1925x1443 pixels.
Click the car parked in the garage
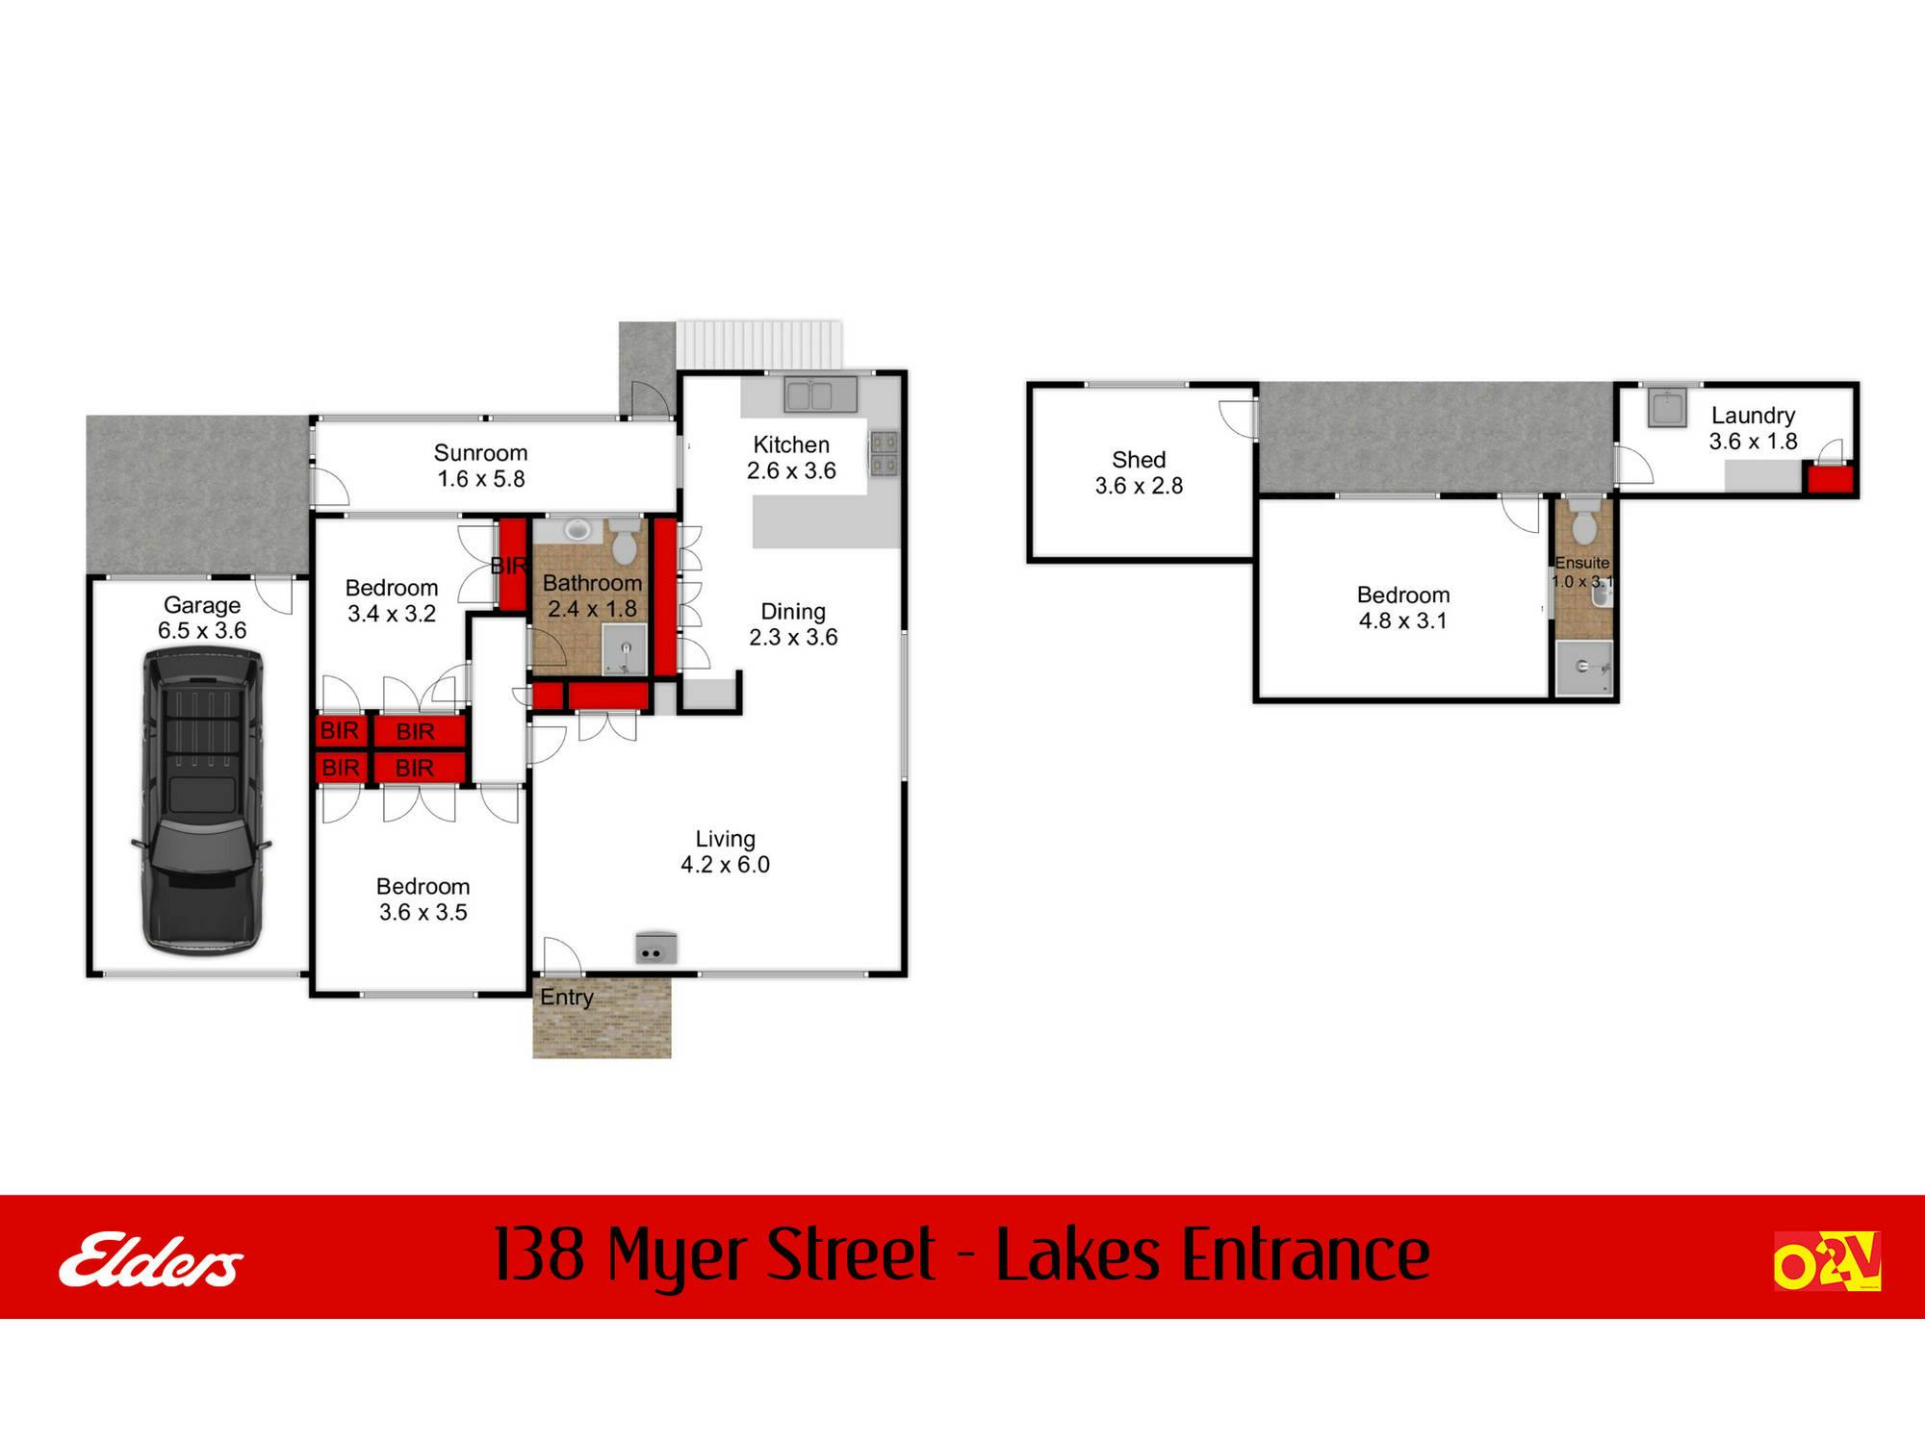point(202,800)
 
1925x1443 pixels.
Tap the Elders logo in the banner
point(151,1259)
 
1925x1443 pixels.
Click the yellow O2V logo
point(1826,1260)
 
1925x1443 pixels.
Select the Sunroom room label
point(480,453)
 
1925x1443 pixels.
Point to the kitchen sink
point(820,394)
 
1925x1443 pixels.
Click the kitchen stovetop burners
point(884,453)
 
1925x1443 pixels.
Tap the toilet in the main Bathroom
point(625,544)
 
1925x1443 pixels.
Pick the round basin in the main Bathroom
point(577,528)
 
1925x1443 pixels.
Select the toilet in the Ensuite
point(1583,521)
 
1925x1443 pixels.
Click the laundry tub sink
point(1667,408)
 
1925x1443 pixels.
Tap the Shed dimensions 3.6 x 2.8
point(1139,487)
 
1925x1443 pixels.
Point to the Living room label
point(725,839)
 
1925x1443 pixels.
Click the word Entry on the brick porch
point(566,998)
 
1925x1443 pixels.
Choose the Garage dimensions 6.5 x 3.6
point(202,631)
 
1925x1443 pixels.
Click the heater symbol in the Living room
point(655,949)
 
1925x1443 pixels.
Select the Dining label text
point(793,612)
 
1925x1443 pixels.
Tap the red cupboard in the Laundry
point(1829,479)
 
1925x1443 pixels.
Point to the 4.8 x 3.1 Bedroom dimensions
point(1402,621)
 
